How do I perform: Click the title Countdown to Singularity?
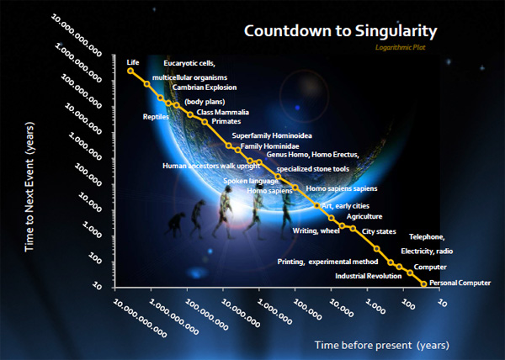pos(340,31)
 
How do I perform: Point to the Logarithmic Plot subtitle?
pos(401,48)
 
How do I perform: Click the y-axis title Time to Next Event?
pos(29,187)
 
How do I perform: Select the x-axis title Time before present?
pos(382,345)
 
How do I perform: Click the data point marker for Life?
pos(130,71)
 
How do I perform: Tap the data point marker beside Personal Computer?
pos(424,283)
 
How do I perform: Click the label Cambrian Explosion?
pos(205,87)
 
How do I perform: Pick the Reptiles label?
pos(156,117)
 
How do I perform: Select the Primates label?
pos(226,121)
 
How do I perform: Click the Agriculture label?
pos(364,216)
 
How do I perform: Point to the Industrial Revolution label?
pos(368,276)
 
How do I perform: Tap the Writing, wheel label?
pos(316,230)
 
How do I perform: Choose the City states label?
pos(379,231)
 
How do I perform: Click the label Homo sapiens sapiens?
pos(342,188)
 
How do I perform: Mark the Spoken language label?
pos(251,181)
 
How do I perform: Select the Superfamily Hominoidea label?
pos(272,135)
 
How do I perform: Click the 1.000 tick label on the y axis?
pos(93,229)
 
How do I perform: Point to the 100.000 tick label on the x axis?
pos(308,310)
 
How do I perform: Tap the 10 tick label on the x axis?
pos(443,303)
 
